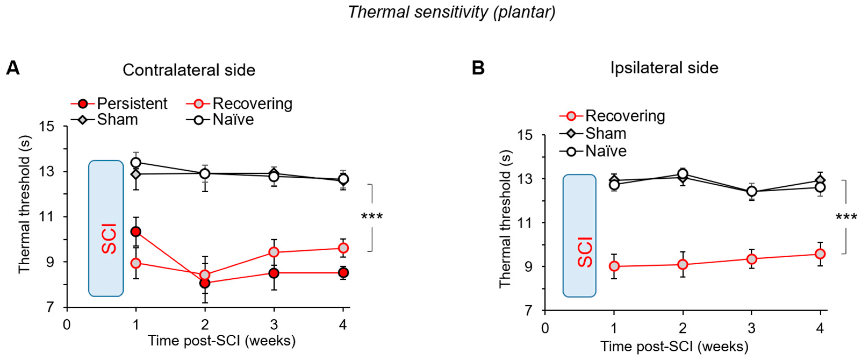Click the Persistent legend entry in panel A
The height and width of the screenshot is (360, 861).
click(x=132, y=104)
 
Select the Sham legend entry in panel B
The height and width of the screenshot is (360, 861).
click(x=605, y=134)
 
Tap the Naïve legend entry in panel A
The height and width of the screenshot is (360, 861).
click(x=233, y=120)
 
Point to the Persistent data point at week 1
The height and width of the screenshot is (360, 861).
click(x=136, y=232)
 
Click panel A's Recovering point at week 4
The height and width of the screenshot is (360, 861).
click(x=343, y=248)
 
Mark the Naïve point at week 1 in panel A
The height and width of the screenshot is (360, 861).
click(x=136, y=163)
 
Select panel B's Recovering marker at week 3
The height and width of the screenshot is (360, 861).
click(x=752, y=259)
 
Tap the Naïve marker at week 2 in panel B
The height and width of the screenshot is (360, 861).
click(x=683, y=174)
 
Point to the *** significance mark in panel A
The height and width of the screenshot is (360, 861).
click(x=372, y=217)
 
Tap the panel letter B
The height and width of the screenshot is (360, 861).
click(x=478, y=68)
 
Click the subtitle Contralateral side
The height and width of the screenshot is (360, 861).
click(x=189, y=70)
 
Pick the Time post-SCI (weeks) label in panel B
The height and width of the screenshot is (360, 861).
click(x=675, y=346)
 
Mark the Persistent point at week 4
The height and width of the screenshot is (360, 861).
click(x=343, y=273)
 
